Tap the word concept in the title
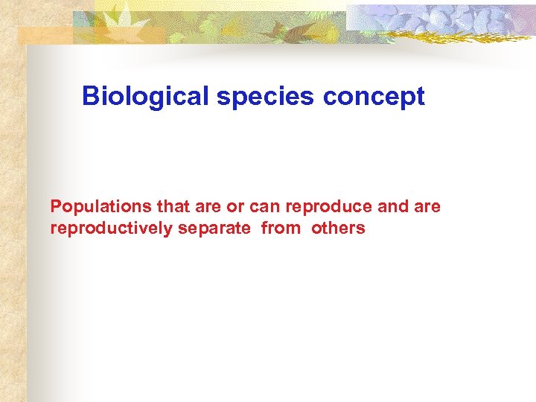(x=374, y=96)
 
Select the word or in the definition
(x=236, y=206)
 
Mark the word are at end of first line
(x=427, y=206)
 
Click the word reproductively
(x=111, y=229)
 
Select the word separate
(x=214, y=229)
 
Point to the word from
(x=281, y=229)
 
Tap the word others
(x=338, y=229)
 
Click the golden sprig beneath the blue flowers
(x=439, y=37)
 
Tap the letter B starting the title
(x=90, y=96)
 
